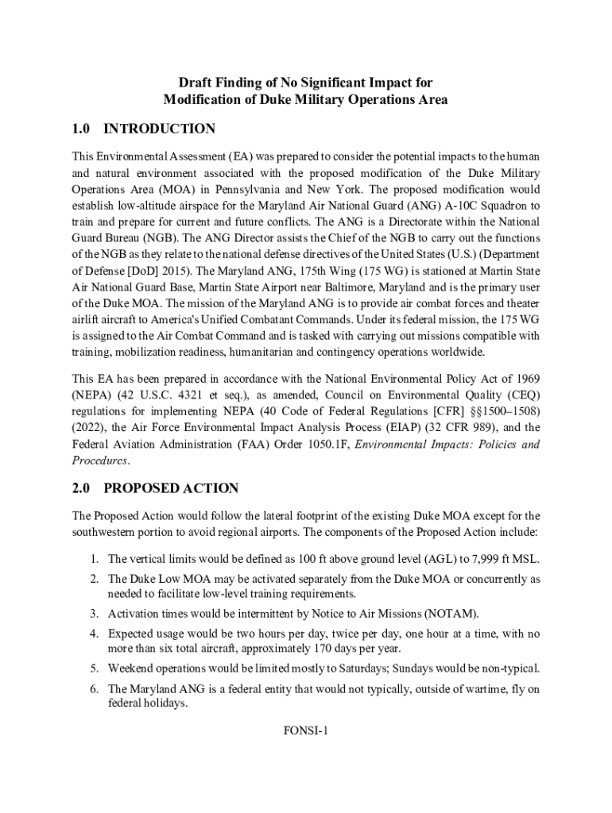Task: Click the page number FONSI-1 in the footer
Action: [x=305, y=731]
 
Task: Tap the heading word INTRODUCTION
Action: [x=159, y=129]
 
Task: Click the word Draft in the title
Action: [x=194, y=83]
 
